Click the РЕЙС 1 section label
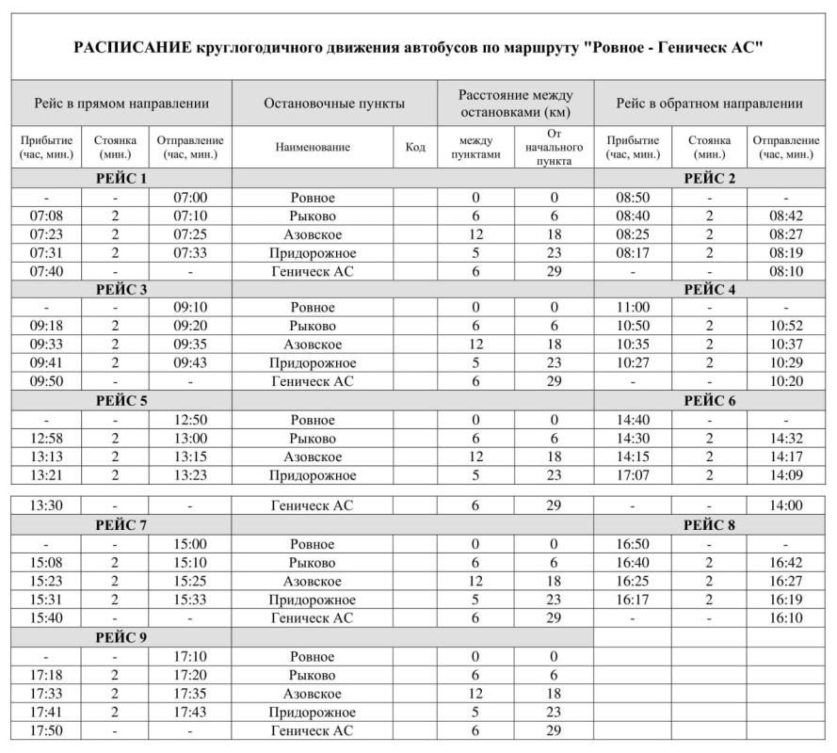point(121,179)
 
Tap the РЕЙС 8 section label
point(713,524)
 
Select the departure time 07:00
point(190,198)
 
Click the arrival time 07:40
point(46,271)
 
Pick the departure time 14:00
point(784,505)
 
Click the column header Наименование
point(313,147)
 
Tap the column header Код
point(414,147)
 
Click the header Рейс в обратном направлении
point(712,104)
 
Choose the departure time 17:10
point(190,656)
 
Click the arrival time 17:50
point(46,729)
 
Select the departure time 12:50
point(190,420)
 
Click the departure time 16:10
point(784,618)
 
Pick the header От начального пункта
point(554,147)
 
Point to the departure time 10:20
point(784,381)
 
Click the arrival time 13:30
point(46,505)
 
